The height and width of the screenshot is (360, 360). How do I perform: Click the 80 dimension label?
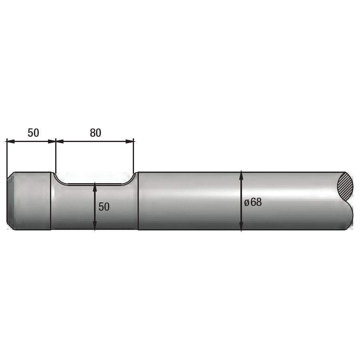click(95, 133)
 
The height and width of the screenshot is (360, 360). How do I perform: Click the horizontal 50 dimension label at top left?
click(33, 133)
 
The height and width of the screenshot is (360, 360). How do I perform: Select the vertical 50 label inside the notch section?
click(104, 207)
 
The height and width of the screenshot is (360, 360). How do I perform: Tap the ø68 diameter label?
click(253, 202)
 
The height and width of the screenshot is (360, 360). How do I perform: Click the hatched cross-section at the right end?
click(346, 186)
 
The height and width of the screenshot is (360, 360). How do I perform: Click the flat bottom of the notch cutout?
click(94, 184)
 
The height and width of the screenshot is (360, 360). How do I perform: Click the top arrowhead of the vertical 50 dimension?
click(94, 186)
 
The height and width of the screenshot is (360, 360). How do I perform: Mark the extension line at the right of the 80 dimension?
click(134, 156)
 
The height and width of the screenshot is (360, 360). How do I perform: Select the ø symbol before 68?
click(247, 202)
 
